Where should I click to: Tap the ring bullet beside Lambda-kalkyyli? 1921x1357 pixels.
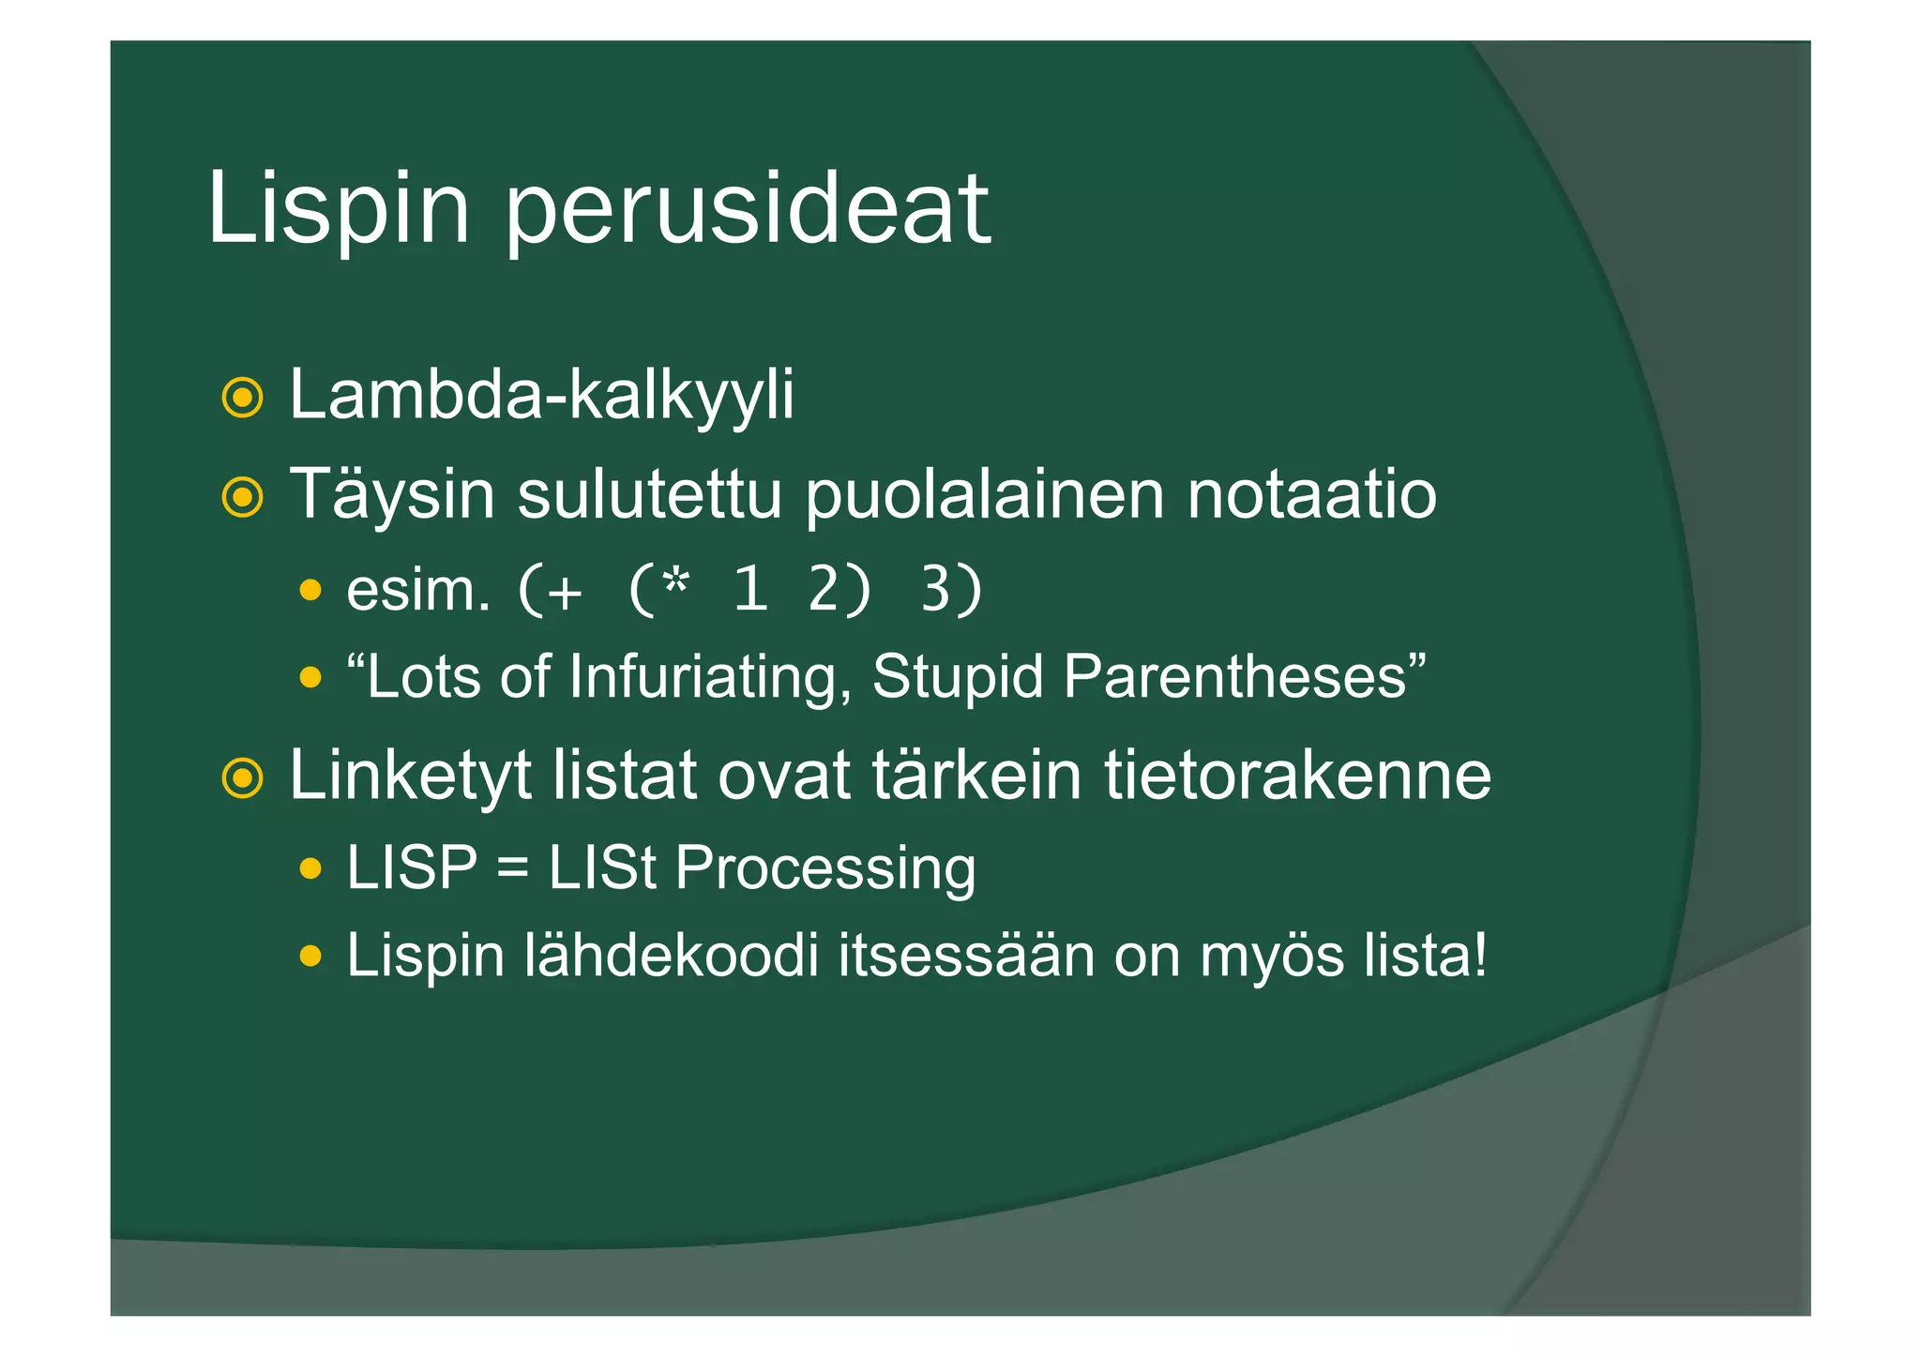242,398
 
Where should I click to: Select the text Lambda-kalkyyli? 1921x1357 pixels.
541,396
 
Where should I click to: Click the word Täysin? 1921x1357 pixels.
391,495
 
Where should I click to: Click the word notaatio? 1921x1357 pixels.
1311,495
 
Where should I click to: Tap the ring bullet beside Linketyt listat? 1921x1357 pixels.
242,777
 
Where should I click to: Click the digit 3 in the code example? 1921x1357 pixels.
937,591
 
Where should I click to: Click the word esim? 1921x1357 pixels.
418,591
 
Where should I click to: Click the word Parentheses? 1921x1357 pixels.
1235,677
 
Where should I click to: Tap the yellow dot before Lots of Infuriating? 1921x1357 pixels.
310,677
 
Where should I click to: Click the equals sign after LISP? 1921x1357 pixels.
513,868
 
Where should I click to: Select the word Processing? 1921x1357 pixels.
825,868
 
